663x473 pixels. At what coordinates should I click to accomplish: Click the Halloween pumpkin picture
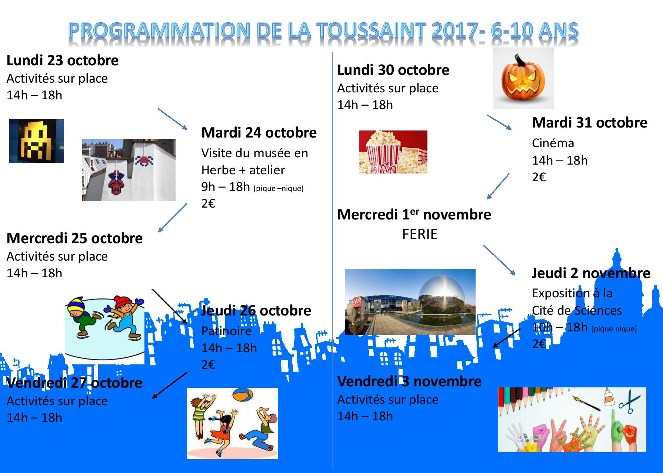point(523,78)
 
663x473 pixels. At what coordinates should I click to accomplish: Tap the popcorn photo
point(393,152)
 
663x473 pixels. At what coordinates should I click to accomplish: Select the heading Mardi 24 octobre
point(259,133)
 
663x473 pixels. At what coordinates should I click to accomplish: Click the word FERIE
point(420,234)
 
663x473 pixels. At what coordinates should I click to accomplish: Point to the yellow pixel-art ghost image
point(36,141)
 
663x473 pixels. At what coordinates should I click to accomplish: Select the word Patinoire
point(226,331)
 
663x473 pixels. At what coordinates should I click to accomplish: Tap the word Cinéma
point(553,143)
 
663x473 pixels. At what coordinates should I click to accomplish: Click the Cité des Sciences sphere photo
point(410,302)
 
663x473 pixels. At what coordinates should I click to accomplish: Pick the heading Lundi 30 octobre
point(393,70)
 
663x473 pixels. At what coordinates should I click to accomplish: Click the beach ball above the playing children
point(242,396)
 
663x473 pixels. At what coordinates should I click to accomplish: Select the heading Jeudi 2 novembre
point(591,273)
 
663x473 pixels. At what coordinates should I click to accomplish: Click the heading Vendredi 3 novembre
point(409,381)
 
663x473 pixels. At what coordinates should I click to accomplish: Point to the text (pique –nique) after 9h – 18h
point(279,188)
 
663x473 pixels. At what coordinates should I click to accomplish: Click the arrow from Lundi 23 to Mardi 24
point(173,119)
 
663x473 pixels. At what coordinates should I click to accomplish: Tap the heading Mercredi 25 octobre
point(74,238)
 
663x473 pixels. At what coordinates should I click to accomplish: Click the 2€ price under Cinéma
point(539,177)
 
